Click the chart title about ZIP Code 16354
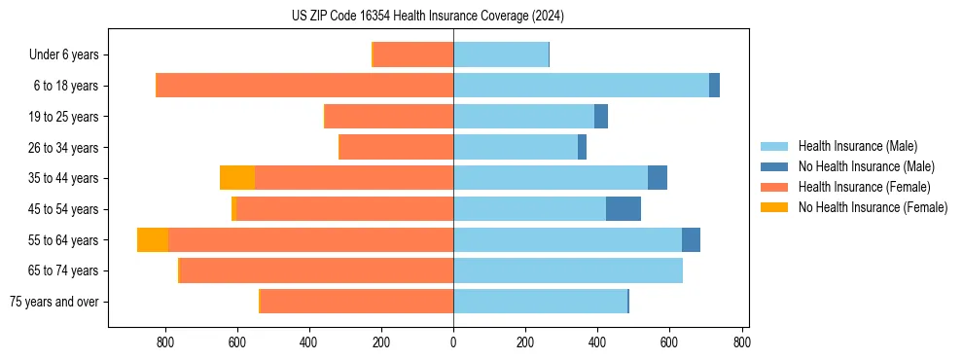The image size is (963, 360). click(428, 17)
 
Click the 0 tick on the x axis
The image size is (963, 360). click(453, 342)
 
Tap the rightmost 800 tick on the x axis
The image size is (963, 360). click(741, 342)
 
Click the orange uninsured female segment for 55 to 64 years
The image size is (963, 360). click(153, 239)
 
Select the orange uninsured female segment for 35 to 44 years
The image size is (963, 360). click(237, 178)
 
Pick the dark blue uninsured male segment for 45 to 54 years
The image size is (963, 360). click(624, 209)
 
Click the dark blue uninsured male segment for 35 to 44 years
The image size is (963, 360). click(658, 178)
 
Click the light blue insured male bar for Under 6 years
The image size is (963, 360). click(501, 54)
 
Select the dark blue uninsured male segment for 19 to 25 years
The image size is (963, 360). click(601, 117)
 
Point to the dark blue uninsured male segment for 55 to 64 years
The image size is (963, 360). click(691, 239)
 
